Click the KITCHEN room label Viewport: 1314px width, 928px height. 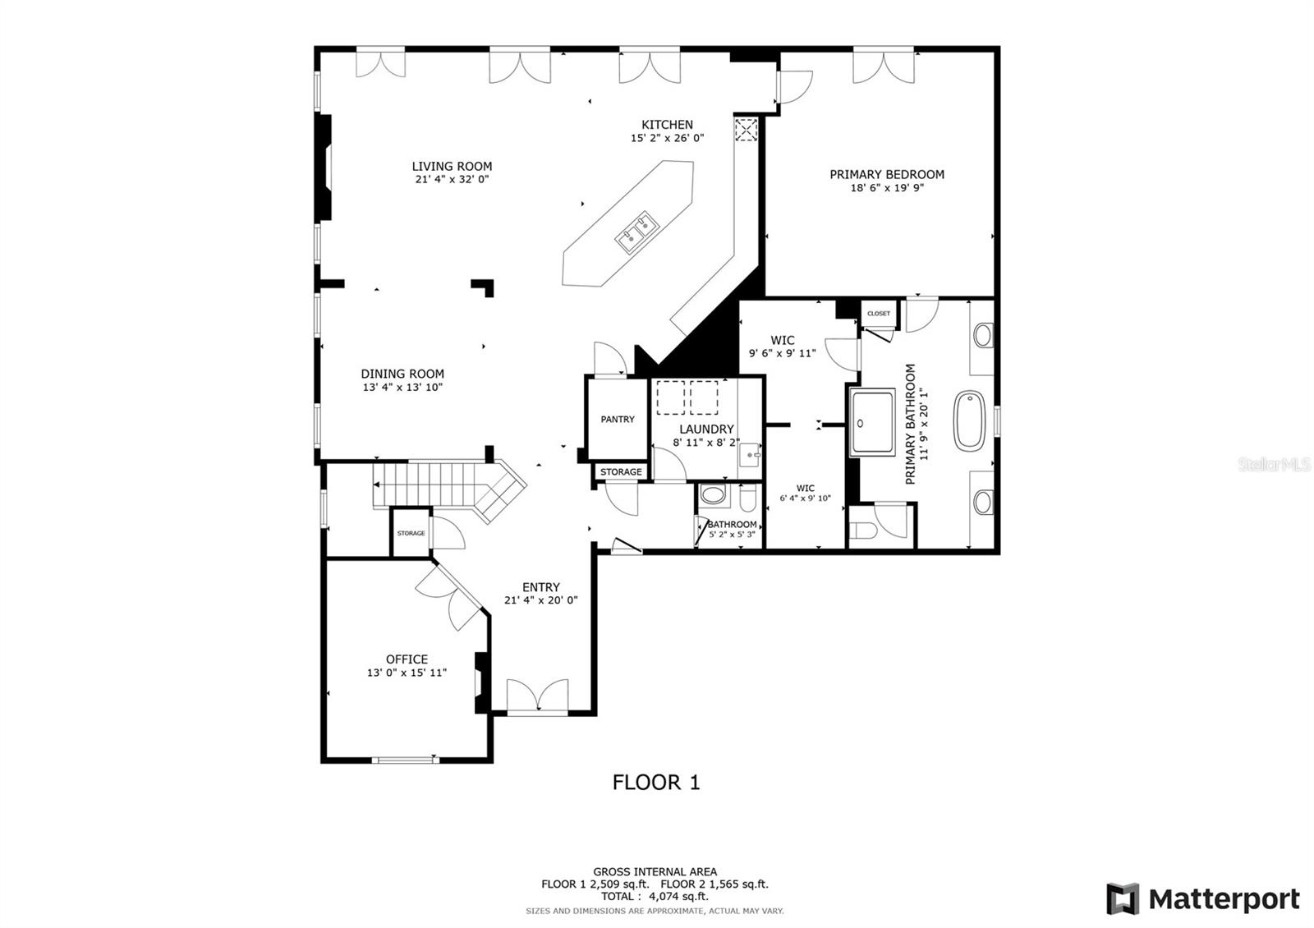pyautogui.click(x=667, y=124)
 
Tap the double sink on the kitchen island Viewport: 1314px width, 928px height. pyautogui.click(x=636, y=232)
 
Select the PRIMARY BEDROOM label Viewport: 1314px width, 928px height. pyautogui.click(x=886, y=174)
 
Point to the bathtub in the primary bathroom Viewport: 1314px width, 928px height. pyautogui.click(x=969, y=420)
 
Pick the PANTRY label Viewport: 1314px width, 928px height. pyautogui.click(x=617, y=419)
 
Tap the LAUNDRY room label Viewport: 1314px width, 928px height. pyautogui.click(x=706, y=429)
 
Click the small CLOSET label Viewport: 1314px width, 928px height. pyautogui.click(x=878, y=313)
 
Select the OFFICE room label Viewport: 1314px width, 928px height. pyautogui.click(x=407, y=659)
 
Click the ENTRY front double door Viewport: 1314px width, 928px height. pyautogui.click(x=537, y=697)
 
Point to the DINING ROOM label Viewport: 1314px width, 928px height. pyautogui.click(x=402, y=374)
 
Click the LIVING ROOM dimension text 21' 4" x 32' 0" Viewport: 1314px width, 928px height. pyautogui.click(x=452, y=180)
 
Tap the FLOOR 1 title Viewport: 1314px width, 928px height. pyautogui.click(x=656, y=783)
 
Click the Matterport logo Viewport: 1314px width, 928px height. pyautogui.click(x=1202, y=898)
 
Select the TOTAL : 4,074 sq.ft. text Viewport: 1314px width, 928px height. pyautogui.click(x=655, y=896)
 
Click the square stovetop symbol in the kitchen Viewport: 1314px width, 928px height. pyautogui.click(x=747, y=129)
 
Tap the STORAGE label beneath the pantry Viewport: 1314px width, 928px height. pyautogui.click(x=621, y=471)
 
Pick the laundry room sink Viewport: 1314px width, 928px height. pyautogui.click(x=750, y=455)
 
